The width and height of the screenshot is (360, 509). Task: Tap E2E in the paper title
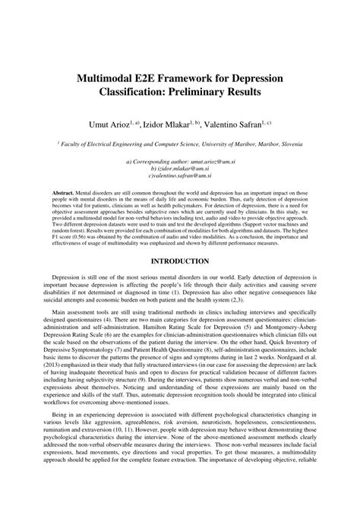(160, 80)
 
